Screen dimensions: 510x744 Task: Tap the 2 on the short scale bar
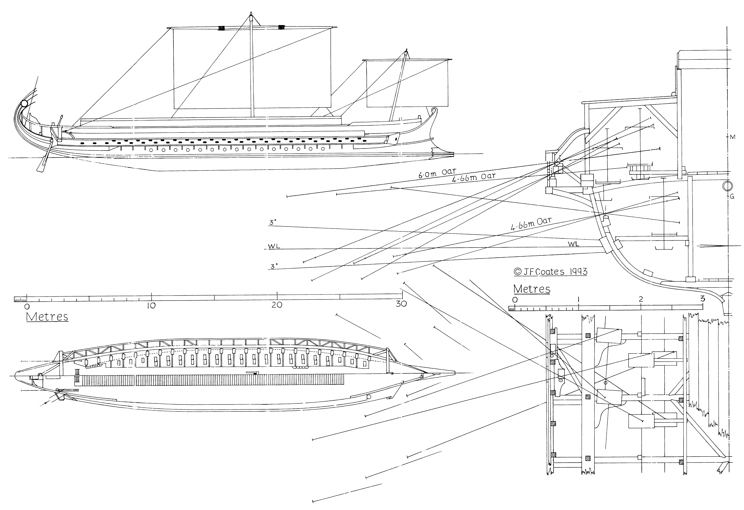641,299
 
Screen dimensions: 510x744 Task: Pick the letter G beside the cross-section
732,197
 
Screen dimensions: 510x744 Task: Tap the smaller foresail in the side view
407,83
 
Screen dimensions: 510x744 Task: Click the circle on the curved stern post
24,103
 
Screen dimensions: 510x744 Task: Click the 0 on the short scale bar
514,300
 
